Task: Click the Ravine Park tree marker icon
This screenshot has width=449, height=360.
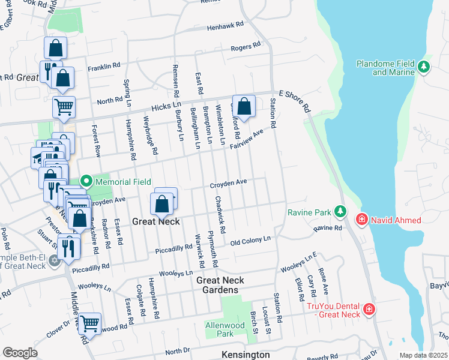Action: coord(340,211)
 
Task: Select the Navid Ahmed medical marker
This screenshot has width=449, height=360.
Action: coord(362,220)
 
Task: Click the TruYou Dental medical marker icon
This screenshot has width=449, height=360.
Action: coord(369,310)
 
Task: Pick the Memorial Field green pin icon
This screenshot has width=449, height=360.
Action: coord(86,180)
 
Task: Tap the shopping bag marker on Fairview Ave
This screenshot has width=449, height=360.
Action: coord(244,107)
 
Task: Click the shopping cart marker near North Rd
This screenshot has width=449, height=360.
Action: coord(64,107)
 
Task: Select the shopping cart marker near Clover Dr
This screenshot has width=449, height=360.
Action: coord(89,324)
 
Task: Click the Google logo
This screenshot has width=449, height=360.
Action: coord(20,353)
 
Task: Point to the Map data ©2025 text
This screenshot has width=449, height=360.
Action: coord(423,355)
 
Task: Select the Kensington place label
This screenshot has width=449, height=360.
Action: coord(246,355)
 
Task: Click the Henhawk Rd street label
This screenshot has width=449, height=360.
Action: coord(225,26)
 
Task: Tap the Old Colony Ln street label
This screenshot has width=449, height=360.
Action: coord(251,241)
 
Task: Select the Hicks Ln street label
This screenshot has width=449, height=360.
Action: coord(169,106)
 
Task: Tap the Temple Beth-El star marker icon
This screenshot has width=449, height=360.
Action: coord(55,260)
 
